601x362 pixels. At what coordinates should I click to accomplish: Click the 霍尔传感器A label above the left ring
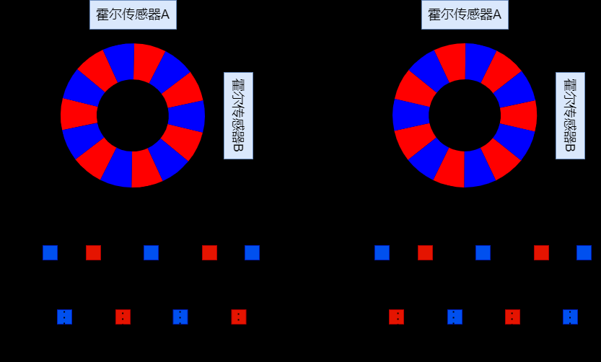tap(133, 14)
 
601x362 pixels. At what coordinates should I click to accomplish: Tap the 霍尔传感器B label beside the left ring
tap(238, 115)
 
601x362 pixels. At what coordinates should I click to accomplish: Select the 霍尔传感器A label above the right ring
tap(465, 14)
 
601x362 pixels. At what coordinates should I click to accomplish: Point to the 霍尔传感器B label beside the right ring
tap(570, 115)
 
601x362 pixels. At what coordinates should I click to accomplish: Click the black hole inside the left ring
tap(133, 115)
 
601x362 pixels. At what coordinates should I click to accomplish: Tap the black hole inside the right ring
tap(465, 115)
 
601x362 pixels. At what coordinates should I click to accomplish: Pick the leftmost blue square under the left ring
tap(50, 252)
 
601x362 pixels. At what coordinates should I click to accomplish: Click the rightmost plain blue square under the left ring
tap(252, 252)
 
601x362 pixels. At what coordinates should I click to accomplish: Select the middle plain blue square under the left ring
tap(151, 252)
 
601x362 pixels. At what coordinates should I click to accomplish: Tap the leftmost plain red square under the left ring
tap(93, 252)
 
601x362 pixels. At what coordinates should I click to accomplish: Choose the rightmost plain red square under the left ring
tap(209, 252)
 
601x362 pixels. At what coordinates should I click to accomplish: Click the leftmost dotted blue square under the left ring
tap(64, 317)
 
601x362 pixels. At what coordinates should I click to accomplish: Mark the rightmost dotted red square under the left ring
tap(239, 317)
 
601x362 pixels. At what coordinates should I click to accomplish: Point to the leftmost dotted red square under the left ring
tap(123, 317)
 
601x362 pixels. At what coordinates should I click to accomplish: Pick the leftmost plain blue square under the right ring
tap(382, 252)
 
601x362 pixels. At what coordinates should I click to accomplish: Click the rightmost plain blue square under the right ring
tap(584, 252)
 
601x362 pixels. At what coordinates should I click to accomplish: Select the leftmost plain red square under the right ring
tap(425, 252)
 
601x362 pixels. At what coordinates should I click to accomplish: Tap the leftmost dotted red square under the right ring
tap(396, 317)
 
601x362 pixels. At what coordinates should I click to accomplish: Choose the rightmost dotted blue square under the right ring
tap(570, 317)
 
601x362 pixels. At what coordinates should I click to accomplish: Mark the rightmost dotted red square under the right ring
tap(512, 317)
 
